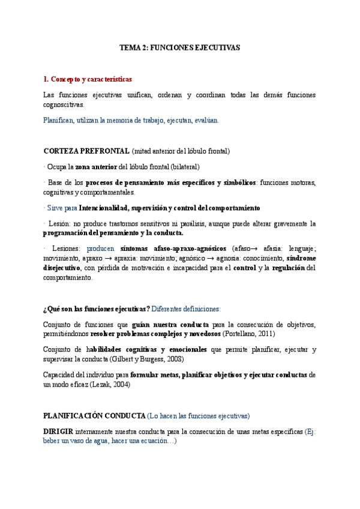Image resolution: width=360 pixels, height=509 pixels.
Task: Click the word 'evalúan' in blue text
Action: point(206,120)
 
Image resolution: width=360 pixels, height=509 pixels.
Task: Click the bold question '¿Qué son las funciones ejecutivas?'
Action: point(96,309)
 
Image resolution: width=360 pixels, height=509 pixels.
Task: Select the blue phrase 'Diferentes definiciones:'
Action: point(186,309)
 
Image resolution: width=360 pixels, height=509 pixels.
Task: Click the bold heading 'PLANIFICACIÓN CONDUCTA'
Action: point(94,415)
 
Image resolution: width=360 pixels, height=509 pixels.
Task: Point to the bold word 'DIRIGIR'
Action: point(58,431)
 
